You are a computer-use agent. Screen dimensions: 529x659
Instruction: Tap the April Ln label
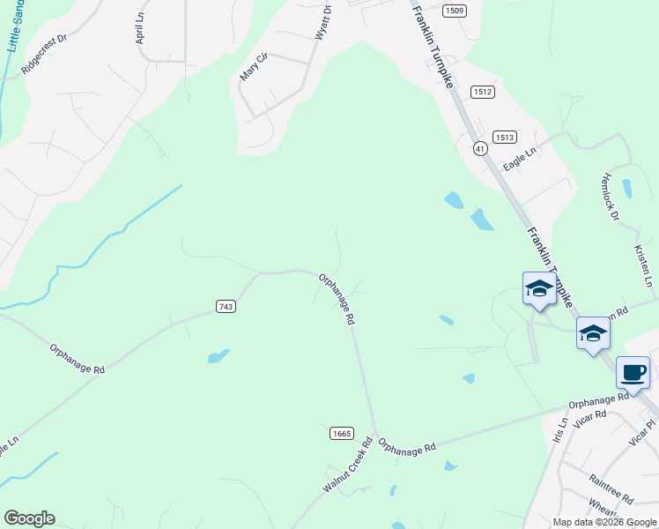click(139, 29)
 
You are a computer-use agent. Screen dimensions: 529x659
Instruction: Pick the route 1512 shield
click(482, 92)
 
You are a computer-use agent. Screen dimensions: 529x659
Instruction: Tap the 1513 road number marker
click(505, 137)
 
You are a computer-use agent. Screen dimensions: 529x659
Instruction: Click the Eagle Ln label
click(519, 160)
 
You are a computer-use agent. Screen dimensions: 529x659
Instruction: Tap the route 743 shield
click(226, 306)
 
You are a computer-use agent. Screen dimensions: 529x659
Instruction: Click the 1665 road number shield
click(342, 433)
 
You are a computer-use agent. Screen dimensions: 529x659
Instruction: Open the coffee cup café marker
click(633, 372)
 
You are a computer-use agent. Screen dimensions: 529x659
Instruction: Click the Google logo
click(29, 518)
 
